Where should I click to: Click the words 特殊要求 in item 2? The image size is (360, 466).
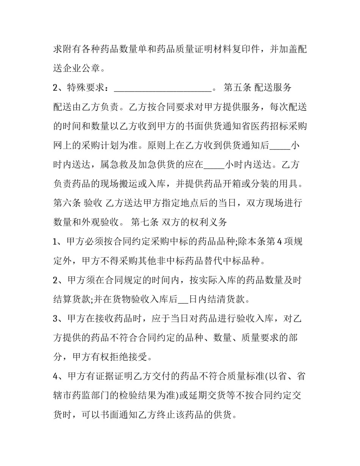(87, 88)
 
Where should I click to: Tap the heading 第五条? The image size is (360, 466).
(237, 88)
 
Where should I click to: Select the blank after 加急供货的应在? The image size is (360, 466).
(214, 165)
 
